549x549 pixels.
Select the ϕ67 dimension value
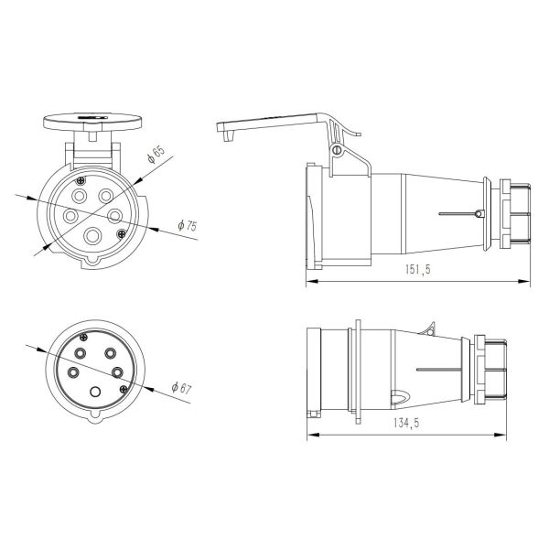point(179,388)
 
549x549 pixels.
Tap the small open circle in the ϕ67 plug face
point(95,392)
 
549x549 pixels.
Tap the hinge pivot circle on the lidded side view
point(337,150)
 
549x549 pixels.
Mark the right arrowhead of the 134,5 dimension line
point(505,433)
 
